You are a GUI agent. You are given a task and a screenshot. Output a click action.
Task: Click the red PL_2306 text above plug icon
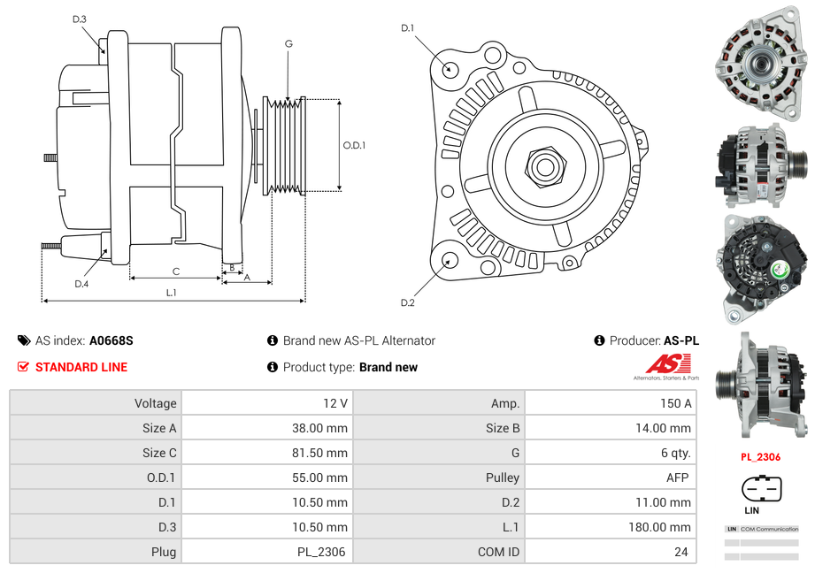click(x=760, y=457)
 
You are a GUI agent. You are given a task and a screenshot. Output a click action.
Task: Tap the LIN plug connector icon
click(x=760, y=489)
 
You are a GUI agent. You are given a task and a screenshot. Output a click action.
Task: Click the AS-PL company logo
click(x=666, y=365)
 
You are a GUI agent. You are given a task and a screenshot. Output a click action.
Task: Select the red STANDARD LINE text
click(x=81, y=367)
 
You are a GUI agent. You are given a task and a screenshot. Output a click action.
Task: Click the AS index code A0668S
click(x=111, y=340)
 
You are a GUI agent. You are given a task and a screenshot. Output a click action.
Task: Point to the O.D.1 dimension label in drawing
click(x=354, y=145)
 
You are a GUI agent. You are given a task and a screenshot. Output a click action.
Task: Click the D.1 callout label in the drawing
click(x=407, y=28)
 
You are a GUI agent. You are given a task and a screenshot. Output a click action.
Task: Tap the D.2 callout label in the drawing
click(x=407, y=303)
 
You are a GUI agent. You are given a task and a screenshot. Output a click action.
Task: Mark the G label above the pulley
click(x=288, y=44)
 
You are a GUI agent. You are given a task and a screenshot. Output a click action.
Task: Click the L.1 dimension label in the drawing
click(x=172, y=292)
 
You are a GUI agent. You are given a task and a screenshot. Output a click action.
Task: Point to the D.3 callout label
click(x=80, y=19)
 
